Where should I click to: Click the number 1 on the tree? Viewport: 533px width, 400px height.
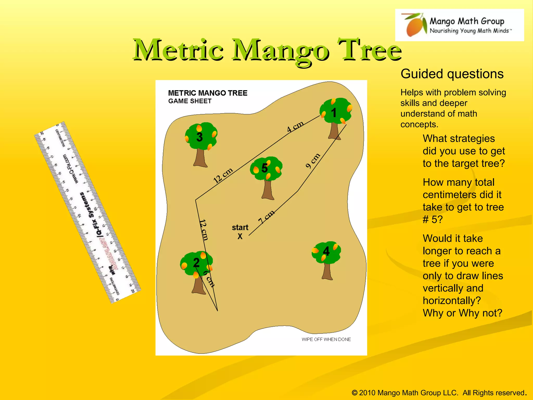point(334,113)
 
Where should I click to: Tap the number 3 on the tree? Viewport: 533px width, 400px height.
point(199,137)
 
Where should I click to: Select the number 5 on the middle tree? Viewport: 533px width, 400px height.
point(264,168)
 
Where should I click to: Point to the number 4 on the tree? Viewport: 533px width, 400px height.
point(326,251)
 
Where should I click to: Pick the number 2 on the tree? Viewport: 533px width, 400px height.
point(196,262)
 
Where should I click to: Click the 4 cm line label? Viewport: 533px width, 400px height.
point(295,127)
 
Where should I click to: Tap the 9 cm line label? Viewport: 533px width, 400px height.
point(313,161)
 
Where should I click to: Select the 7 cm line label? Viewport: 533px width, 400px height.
point(266,217)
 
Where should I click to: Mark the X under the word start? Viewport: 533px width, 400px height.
point(240,236)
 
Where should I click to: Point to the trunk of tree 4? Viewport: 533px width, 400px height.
point(327,271)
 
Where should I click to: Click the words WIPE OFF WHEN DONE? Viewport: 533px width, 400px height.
point(326,339)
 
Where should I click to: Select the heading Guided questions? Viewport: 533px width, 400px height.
point(452,74)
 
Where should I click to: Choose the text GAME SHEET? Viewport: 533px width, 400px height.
point(190,101)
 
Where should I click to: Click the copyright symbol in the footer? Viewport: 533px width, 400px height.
point(354,393)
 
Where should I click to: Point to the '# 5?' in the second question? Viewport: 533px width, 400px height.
point(432,220)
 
